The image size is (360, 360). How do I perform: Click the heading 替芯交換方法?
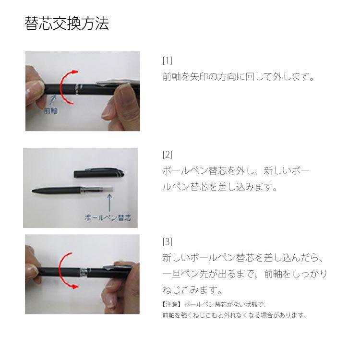click(x=67, y=24)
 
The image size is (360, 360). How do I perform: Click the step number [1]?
click(x=168, y=60)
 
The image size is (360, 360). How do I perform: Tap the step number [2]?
click(x=168, y=155)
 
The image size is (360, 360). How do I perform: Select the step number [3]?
click(x=168, y=241)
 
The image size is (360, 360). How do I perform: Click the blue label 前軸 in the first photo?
click(x=51, y=111)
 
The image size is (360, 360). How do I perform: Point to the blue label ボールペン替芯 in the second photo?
click(x=108, y=217)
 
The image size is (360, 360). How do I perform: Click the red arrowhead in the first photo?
click(x=75, y=72)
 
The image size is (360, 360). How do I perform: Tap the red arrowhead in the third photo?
click(x=74, y=287)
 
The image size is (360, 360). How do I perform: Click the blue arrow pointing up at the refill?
click(x=110, y=203)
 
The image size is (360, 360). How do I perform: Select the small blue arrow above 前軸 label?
click(x=53, y=100)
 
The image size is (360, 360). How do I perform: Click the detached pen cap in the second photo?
click(x=99, y=173)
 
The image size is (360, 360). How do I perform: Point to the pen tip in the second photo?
click(x=33, y=191)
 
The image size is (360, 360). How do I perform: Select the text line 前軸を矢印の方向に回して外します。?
click(x=238, y=76)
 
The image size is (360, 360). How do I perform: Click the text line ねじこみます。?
click(x=192, y=290)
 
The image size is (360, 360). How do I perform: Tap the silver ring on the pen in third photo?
click(x=84, y=273)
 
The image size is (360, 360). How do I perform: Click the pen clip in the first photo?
click(x=118, y=82)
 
